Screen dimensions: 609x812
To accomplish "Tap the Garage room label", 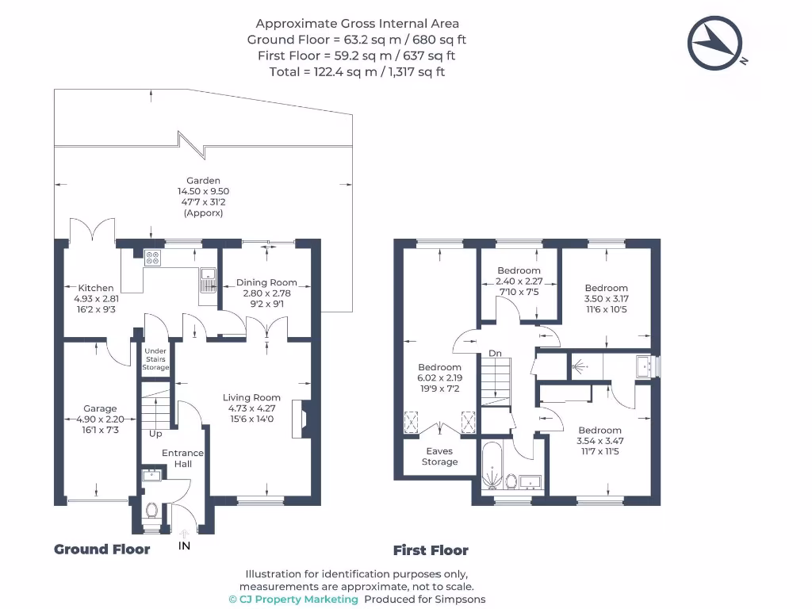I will [100, 409].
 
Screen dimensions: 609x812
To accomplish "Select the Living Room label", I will [251, 398].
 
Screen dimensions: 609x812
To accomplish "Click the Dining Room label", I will [266, 282].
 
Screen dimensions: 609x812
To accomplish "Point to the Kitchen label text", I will [95, 288].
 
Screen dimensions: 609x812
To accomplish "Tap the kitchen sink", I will [209, 280].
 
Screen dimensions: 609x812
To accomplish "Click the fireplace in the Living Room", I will [302, 419].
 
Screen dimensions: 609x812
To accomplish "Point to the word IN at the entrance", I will [185, 546].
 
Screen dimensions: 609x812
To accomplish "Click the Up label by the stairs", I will [155, 434].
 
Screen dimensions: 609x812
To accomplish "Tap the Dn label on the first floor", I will [495, 354].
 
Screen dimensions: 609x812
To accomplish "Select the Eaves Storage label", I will [439, 456].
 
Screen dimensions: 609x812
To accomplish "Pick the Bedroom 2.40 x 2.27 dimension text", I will [519, 281].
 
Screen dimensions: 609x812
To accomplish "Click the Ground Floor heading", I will [101, 549].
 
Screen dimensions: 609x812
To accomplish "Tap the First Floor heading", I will [431, 550].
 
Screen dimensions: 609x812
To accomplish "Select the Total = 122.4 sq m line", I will [357, 71].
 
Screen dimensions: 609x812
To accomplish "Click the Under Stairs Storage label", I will [155, 358].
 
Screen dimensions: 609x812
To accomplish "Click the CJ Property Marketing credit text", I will [293, 599].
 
